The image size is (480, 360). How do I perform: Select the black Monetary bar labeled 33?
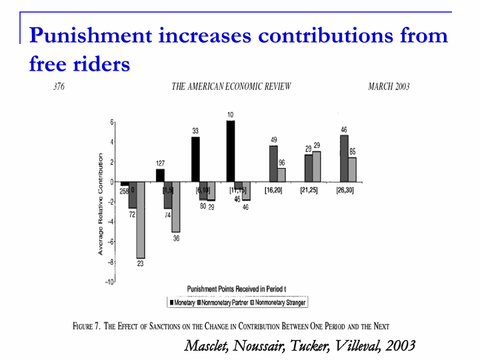click(195, 159)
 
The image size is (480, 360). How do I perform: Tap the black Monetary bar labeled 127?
click(160, 175)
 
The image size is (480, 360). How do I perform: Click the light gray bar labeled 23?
click(141, 220)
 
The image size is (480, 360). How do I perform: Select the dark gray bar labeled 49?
click(273, 164)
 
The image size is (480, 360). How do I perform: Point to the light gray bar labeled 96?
click(281, 175)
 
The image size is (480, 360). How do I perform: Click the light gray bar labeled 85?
click(352, 169)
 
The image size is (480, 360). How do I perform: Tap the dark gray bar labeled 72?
click(133, 195)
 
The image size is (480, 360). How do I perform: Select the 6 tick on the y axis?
click(112, 122)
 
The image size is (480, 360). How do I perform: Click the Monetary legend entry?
click(187, 303)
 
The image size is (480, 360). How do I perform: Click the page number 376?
click(59, 87)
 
